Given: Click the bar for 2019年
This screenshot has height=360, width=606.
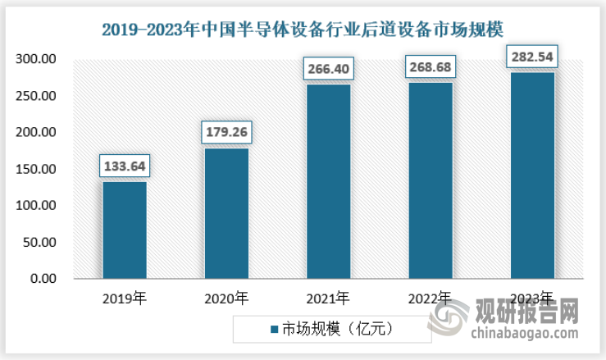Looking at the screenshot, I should click(125, 230).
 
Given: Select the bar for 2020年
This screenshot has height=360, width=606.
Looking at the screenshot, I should click(226, 213).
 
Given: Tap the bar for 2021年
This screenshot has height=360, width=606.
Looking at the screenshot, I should click(328, 181).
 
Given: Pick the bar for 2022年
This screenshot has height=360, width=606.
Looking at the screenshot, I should click(430, 180).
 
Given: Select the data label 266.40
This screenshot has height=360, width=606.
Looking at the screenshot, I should click(328, 66).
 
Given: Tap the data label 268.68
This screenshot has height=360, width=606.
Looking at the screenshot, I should click(430, 66).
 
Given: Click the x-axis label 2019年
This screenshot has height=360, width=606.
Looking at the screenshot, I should click(125, 298).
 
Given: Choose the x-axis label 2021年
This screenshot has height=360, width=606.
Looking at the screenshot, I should click(328, 298).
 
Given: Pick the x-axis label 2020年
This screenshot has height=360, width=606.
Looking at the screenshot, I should click(226, 298).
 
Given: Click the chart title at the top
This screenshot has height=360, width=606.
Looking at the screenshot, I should click(303, 30).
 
